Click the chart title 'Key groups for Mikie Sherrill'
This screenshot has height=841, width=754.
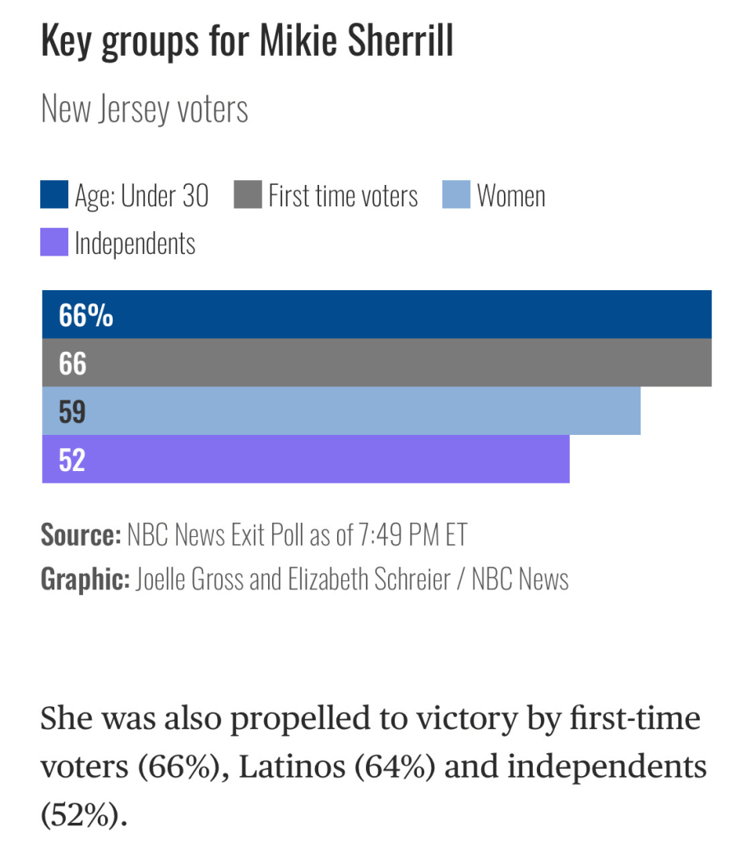pos(247,43)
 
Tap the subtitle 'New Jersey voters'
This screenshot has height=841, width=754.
pos(145,109)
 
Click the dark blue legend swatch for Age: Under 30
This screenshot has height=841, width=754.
pos(54,196)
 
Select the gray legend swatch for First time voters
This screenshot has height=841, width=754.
pos(247,196)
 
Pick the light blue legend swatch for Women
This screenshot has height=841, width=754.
pos(456,196)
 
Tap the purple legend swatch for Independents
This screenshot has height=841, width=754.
pos(54,243)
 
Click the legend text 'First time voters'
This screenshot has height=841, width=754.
pos(343,196)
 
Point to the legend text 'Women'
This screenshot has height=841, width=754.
pos(511,196)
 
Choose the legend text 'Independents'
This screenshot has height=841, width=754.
pos(135,244)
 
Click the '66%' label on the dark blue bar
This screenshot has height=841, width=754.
pos(86,315)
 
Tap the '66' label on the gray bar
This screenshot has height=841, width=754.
pos(72,363)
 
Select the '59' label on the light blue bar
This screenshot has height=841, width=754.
pos(72,411)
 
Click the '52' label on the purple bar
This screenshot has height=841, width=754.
pos(72,460)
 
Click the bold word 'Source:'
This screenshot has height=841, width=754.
pos(81,535)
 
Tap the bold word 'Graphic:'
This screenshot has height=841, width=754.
pos(85,579)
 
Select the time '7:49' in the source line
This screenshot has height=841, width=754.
pos(379,535)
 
